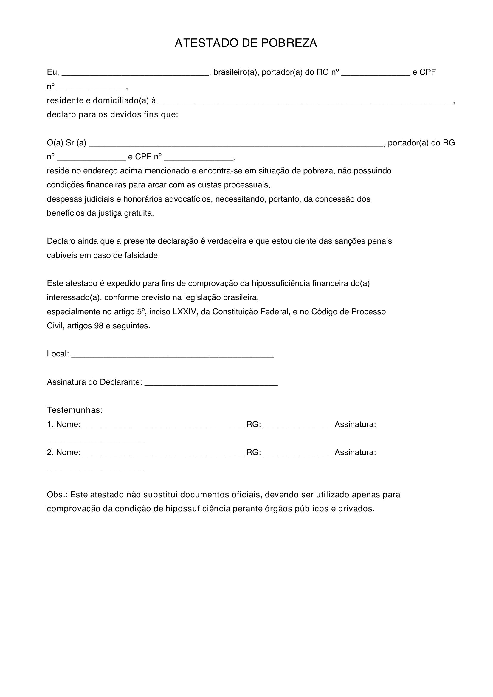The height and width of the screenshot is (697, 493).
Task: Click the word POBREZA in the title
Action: pos(289,43)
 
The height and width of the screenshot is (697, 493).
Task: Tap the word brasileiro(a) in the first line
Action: pos(235,72)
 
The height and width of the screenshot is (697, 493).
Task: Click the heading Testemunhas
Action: pos(75,410)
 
